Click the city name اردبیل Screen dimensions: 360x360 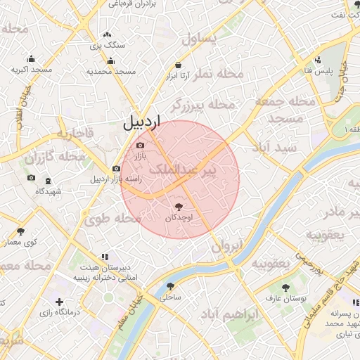141,122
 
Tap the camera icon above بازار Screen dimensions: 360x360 139,146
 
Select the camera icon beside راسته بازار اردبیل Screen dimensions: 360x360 116,169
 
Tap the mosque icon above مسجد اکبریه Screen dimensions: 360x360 31,59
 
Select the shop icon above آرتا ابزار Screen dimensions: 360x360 179,65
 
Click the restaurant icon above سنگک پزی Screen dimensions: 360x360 107,34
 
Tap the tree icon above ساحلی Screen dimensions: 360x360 170,286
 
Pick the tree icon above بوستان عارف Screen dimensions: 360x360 285,288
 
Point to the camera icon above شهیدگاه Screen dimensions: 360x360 30,178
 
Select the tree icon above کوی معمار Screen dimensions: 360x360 20,231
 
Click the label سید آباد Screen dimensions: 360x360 279,148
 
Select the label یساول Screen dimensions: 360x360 200,39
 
